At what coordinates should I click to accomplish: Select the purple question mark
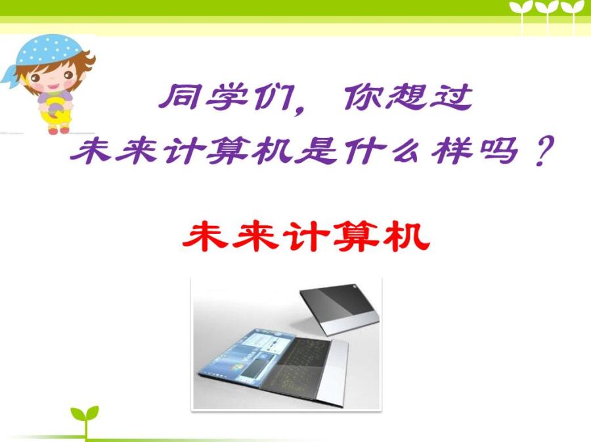544,151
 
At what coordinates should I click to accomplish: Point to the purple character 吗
498,151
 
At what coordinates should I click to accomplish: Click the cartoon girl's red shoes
59,131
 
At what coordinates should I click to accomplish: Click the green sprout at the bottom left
85,420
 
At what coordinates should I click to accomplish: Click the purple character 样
452,151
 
